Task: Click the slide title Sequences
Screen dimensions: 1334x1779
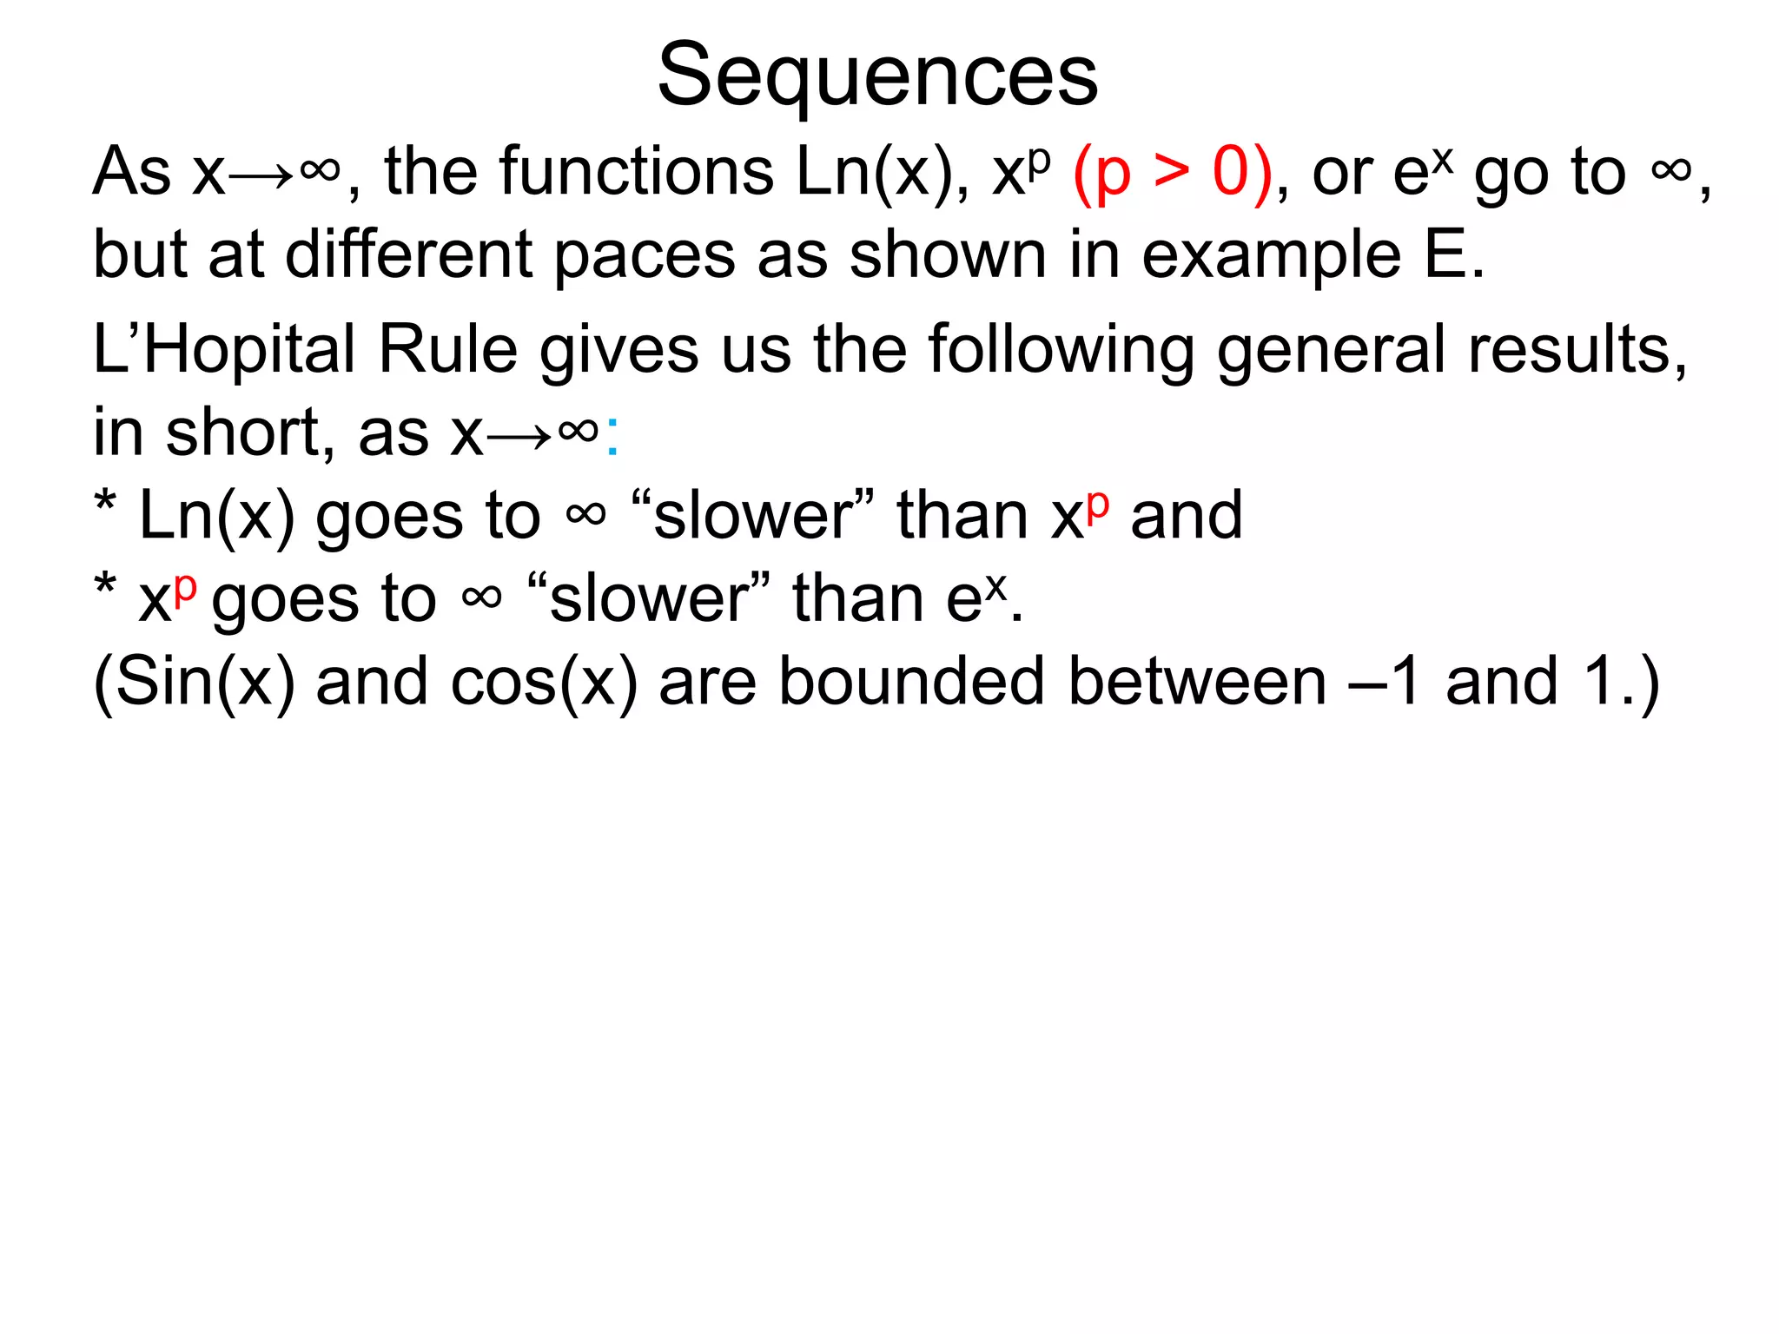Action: pos(877,76)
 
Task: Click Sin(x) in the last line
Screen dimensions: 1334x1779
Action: pos(195,682)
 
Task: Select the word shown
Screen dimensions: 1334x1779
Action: pos(948,256)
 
